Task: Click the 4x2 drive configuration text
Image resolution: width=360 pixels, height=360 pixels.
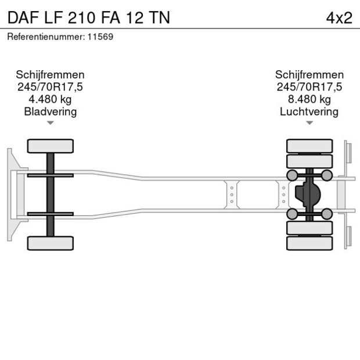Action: coord(339,17)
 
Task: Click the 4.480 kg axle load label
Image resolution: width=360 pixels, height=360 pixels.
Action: coord(51,99)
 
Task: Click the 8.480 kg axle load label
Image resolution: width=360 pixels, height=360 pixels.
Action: coord(309,99)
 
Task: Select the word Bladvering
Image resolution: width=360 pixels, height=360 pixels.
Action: coord(51,111)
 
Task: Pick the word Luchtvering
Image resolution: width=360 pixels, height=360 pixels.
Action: coord(309,111)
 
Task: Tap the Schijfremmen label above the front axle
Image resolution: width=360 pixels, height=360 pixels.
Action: coord(51,75)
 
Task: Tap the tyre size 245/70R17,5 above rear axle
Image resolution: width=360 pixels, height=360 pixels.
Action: coord(309,87)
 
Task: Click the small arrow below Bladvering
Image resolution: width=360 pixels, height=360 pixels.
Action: coord(51,123)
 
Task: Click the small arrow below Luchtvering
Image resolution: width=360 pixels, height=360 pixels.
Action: coord(309,123)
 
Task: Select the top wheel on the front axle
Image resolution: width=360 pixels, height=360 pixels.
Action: coord(51,145)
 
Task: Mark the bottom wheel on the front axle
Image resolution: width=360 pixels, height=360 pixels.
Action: coord(51,243)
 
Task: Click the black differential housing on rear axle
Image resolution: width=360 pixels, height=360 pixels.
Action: coord(307,194)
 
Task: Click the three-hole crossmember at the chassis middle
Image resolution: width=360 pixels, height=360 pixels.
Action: coord(232,194)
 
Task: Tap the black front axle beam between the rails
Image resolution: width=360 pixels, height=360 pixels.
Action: coord(51,194)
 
